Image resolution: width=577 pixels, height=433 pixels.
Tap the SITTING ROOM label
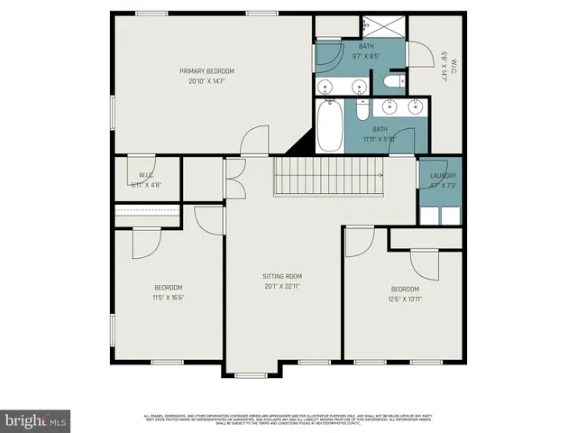pos(282,276)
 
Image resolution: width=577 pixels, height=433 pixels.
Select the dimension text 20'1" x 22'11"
pos(282,286)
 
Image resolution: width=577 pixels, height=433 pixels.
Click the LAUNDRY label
pos(443,176)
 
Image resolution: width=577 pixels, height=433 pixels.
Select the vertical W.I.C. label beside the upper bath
pos(444,65)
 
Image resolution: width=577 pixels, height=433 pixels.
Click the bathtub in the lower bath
pos(329,126)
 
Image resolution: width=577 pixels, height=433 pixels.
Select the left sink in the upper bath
pos(329,87)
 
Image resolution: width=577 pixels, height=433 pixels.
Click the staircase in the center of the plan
pos(328,170)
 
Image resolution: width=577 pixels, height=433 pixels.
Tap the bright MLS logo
pos(36,419)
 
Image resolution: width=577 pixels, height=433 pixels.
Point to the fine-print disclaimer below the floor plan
pos(288,418)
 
